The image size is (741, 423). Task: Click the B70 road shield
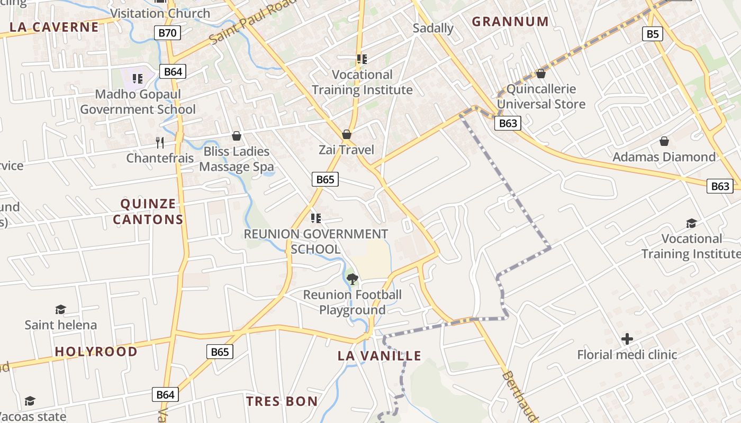coord(168,33)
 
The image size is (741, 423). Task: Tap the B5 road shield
coord(653,34)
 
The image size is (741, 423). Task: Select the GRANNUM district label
coord(510,22)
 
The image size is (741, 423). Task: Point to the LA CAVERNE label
coord(55,27)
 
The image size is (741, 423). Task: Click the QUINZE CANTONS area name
coord(148,212)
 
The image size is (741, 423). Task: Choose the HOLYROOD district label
coord(96,352)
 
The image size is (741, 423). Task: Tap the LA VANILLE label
coord(379,356)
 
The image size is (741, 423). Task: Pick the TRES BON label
coord(282,401)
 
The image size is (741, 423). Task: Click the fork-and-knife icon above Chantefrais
coord(160,142)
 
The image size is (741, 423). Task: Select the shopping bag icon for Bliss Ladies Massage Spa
coord(237,136)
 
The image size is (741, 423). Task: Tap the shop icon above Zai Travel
coord(347,134)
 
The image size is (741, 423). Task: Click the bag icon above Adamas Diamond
coord(664,141)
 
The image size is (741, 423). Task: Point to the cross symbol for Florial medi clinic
coord(627,338)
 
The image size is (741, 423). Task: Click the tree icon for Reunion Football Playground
coord(352,279)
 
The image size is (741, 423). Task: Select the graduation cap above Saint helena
coord(60,309)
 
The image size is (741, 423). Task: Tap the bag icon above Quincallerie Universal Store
coord(541,73)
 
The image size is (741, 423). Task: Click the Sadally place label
coord(433,28)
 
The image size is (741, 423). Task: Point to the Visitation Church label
coord(160,13)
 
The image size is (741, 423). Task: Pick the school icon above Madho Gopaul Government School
coord(138,79)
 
